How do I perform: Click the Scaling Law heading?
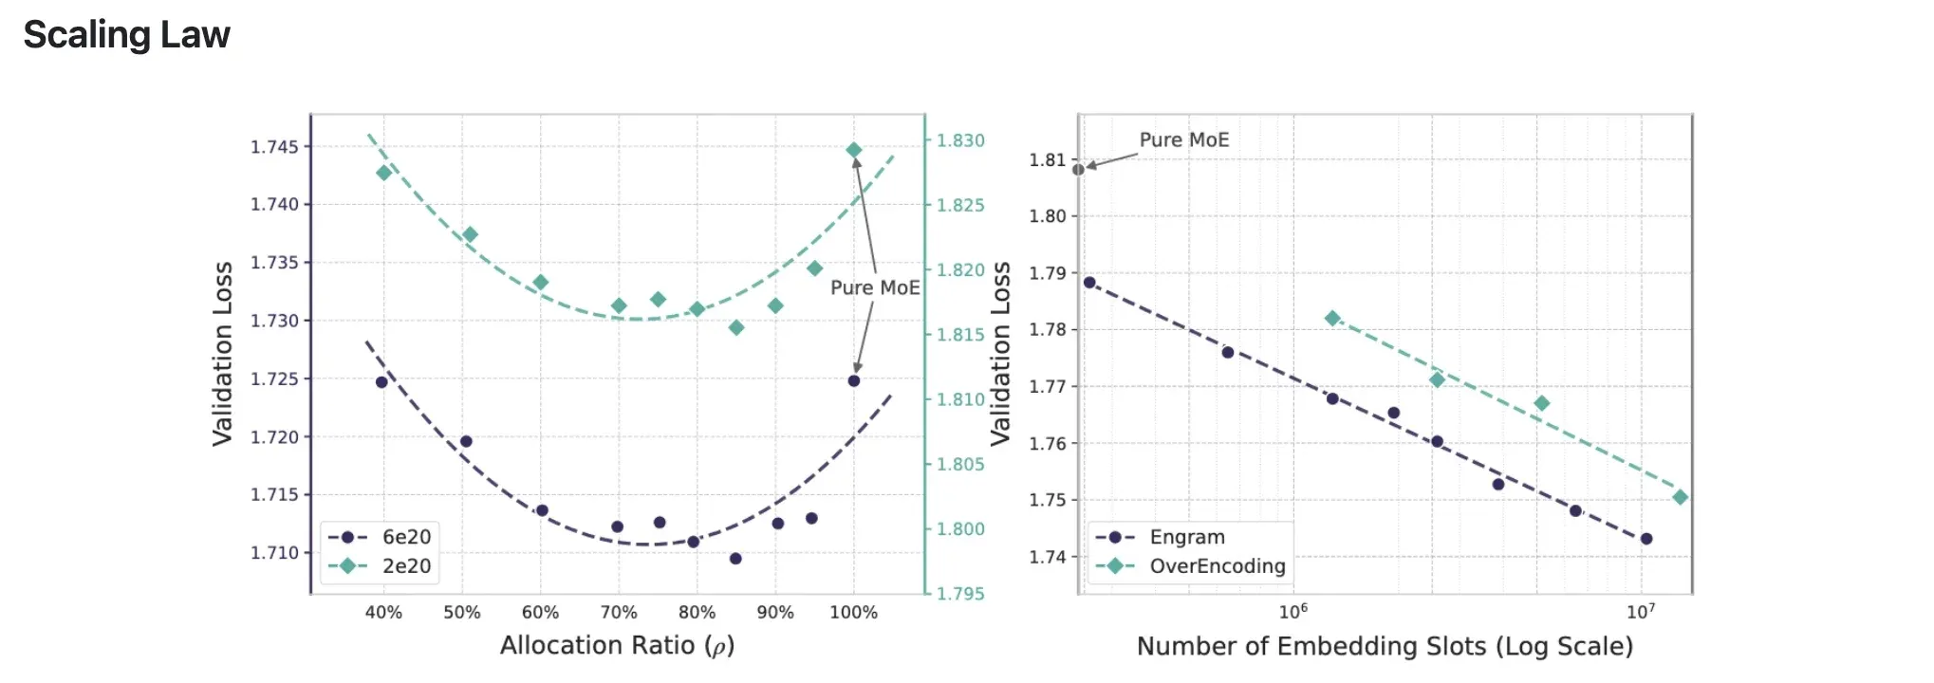coord(126,35)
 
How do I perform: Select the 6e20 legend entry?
coord(381,537)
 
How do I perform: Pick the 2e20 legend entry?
coord(381,566)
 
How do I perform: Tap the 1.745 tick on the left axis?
coord(274,146)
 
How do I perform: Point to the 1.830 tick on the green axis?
coord(960,140)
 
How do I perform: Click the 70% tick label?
coord(619,613)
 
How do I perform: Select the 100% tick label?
coord(853,613)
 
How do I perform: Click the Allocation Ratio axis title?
coord(617,646)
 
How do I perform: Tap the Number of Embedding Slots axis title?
coord(1385,647)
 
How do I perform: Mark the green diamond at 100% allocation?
coord(853,150)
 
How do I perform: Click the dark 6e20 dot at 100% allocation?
coord(853,380)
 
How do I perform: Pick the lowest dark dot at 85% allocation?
coord(735,559)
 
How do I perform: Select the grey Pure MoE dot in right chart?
coord(1078,170)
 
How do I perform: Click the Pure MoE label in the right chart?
coord(1183,140)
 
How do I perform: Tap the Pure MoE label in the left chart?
coord(875,287)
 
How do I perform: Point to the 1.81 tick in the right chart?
coord(1048,160)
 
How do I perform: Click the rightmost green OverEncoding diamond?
coord(1680,497)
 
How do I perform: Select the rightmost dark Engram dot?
coord(1646,539)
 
